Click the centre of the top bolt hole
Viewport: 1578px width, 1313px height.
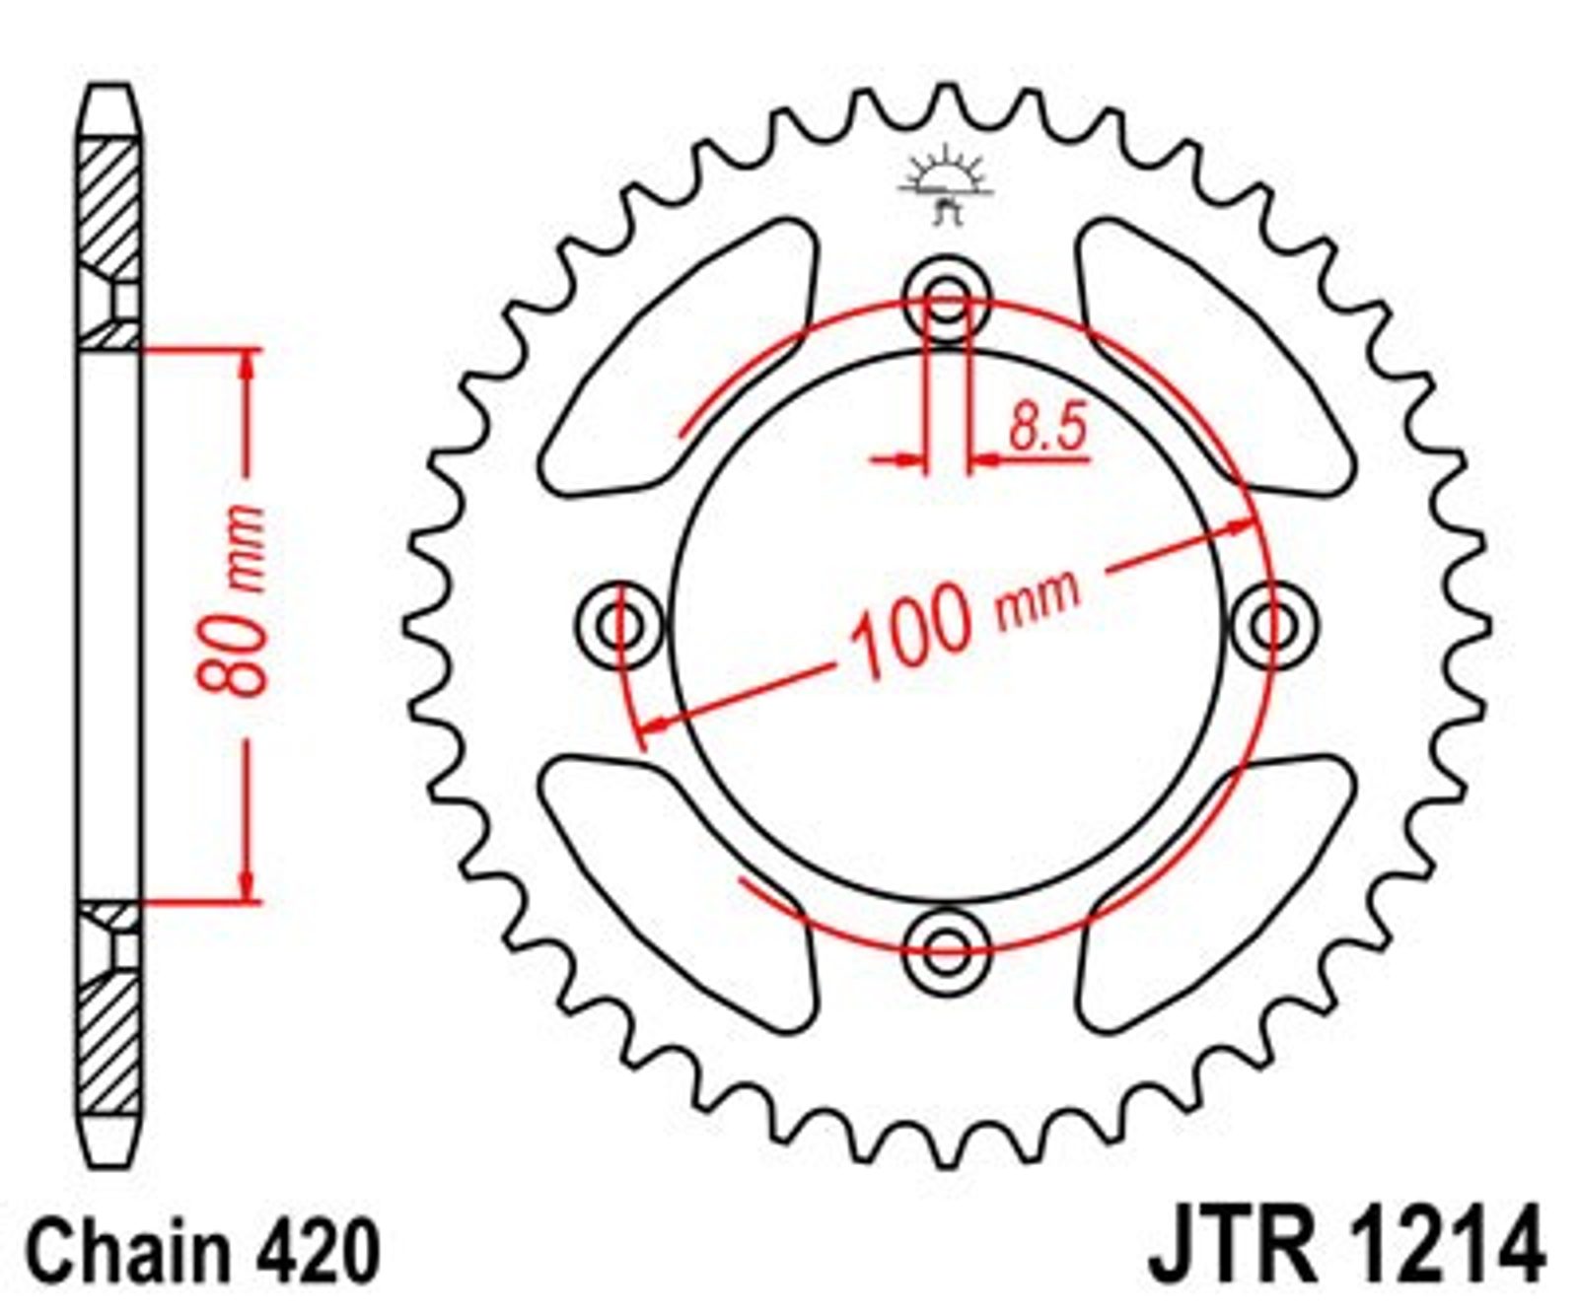pyautogui.click(x=947, y=298)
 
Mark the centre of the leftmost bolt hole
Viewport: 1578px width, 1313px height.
pyautogui.click(x=620, y=624)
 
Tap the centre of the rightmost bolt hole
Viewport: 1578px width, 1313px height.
pyautogui.click(x=1274, y=624)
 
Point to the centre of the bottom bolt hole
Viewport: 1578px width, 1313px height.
pyautogui.click(x=947, y=950)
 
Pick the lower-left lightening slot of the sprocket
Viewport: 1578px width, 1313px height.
pyautogui.click(x=679, y=893)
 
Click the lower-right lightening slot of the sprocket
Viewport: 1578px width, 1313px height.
pyautogui.click(x=1216, y=893)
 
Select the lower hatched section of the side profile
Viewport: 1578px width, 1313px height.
pyautogui.click(x=108, y=1006)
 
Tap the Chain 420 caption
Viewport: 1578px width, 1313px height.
pyautogui.click(x=202, y=1251)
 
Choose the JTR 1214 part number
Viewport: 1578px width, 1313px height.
pyautogui.click(x=1346, y=1248)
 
